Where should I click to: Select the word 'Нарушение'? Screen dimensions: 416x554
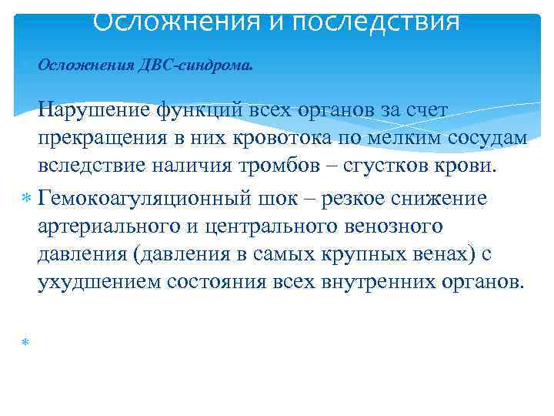(x=95, y=110)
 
